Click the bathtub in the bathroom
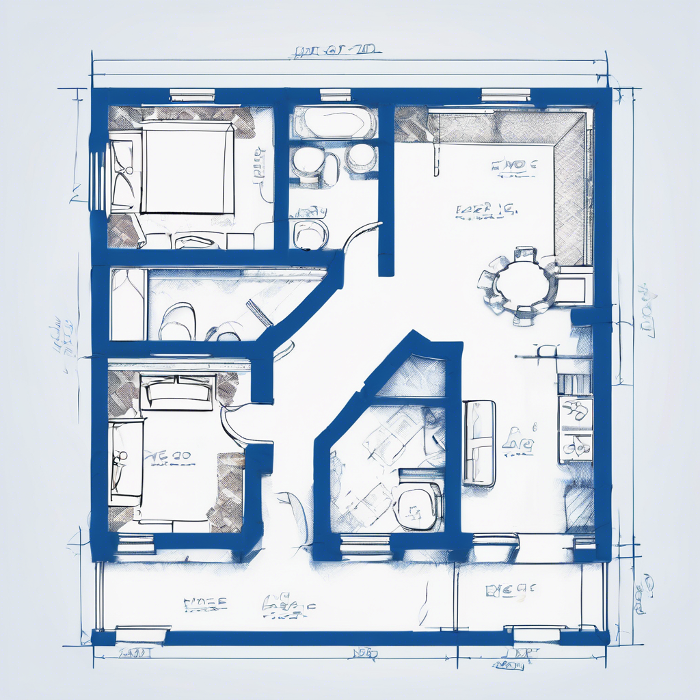click(x=334, y=123)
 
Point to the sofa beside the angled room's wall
click(x=479, y=443)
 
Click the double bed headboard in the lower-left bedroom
click(x=177, y=392)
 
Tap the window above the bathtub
click(x=335, y=95)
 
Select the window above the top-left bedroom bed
click(x=192, y=95)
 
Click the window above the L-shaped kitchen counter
click(x=506, y=95)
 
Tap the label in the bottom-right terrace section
click(x=511, y=589)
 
